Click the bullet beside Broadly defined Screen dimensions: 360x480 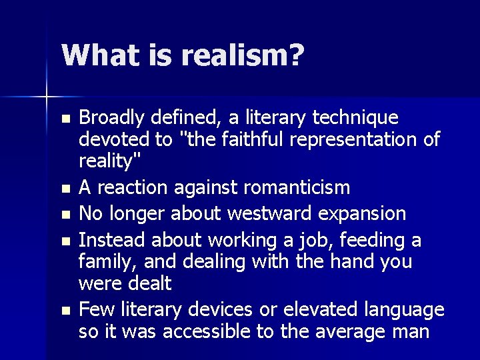point(65,119)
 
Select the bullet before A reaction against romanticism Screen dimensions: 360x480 point(65,189)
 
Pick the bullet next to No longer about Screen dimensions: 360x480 point(65,215)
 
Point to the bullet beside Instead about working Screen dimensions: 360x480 point(65,241)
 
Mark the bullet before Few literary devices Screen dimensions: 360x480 point(65,310)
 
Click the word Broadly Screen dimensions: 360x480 point(112,118)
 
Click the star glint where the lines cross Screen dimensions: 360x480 point(47,97)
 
